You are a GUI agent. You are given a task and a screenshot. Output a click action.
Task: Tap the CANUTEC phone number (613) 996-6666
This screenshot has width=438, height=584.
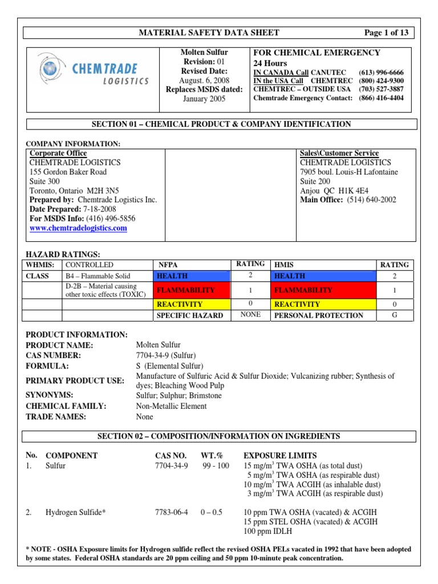381,73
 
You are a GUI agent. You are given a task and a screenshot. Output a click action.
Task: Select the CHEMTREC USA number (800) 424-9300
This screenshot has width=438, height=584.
381,81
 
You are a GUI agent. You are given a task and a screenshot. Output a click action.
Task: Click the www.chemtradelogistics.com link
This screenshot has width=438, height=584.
78,228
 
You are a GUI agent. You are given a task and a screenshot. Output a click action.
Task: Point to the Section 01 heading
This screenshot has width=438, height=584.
221,124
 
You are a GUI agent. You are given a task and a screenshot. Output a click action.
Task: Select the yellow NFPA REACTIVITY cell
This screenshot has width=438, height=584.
192,305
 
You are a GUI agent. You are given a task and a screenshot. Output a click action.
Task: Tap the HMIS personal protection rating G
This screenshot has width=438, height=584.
394,315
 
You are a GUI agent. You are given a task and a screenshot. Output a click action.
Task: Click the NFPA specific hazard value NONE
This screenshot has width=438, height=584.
250,315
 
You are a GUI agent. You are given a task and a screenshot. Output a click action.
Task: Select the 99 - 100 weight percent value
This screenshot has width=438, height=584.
215,466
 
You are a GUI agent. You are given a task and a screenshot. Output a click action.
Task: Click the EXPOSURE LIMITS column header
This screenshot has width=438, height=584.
279,456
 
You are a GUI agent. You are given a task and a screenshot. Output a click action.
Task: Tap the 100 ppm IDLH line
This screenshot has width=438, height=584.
268,531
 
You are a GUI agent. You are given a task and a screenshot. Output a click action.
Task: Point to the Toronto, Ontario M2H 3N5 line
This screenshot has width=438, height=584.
74,190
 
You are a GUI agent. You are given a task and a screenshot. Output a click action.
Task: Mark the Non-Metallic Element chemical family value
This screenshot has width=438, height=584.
171,406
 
